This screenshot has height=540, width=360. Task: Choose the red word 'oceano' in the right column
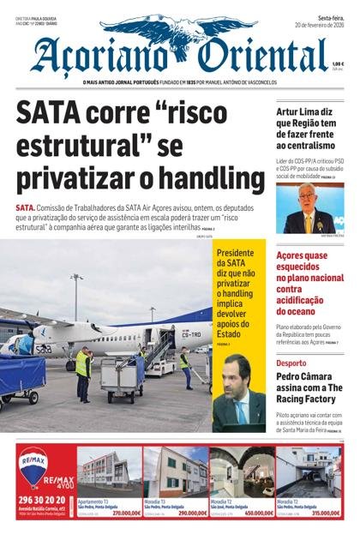pos(296,311)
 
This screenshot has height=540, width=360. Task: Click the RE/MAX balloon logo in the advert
pos(34,468)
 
